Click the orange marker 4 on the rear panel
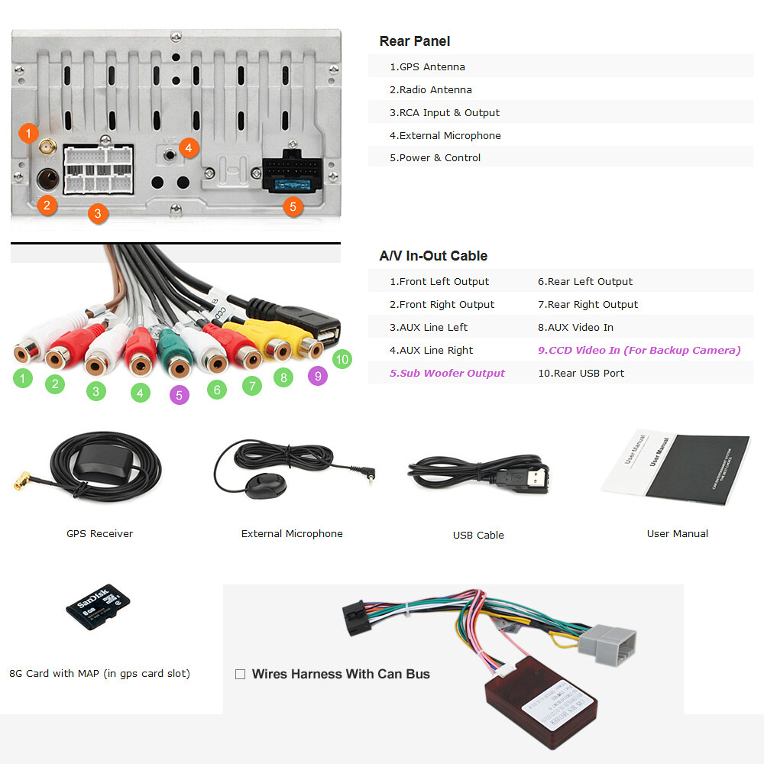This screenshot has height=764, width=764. pos(189,147)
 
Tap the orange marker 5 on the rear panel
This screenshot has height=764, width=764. pos(292,206)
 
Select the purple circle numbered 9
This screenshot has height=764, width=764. pos(317,375)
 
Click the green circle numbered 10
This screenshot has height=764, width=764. pos(342,359)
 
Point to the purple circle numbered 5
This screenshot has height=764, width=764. pos(179,395)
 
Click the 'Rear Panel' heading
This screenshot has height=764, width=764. pos(415,41)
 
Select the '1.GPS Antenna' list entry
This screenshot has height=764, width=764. pos(427,66)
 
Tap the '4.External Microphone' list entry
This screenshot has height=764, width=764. pos(445,135)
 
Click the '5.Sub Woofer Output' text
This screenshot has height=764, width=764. pos(447,373)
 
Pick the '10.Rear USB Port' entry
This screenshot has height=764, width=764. pos(581,373)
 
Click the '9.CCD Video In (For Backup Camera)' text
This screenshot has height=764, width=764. pos(639,350)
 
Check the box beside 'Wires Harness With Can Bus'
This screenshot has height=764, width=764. pos(240,675)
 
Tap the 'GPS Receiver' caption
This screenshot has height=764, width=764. pos(99,533)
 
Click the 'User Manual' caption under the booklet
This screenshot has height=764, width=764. pos(677,533)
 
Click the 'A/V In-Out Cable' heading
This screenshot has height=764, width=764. pos(433,256)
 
